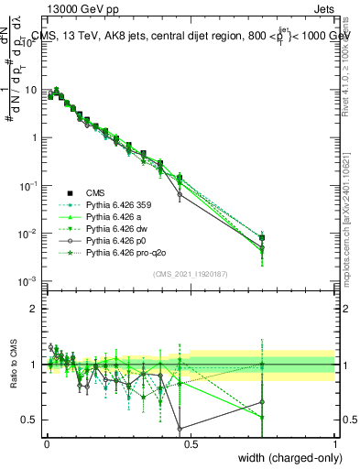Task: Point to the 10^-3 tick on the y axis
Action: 27,281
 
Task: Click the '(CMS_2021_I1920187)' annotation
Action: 190,275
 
